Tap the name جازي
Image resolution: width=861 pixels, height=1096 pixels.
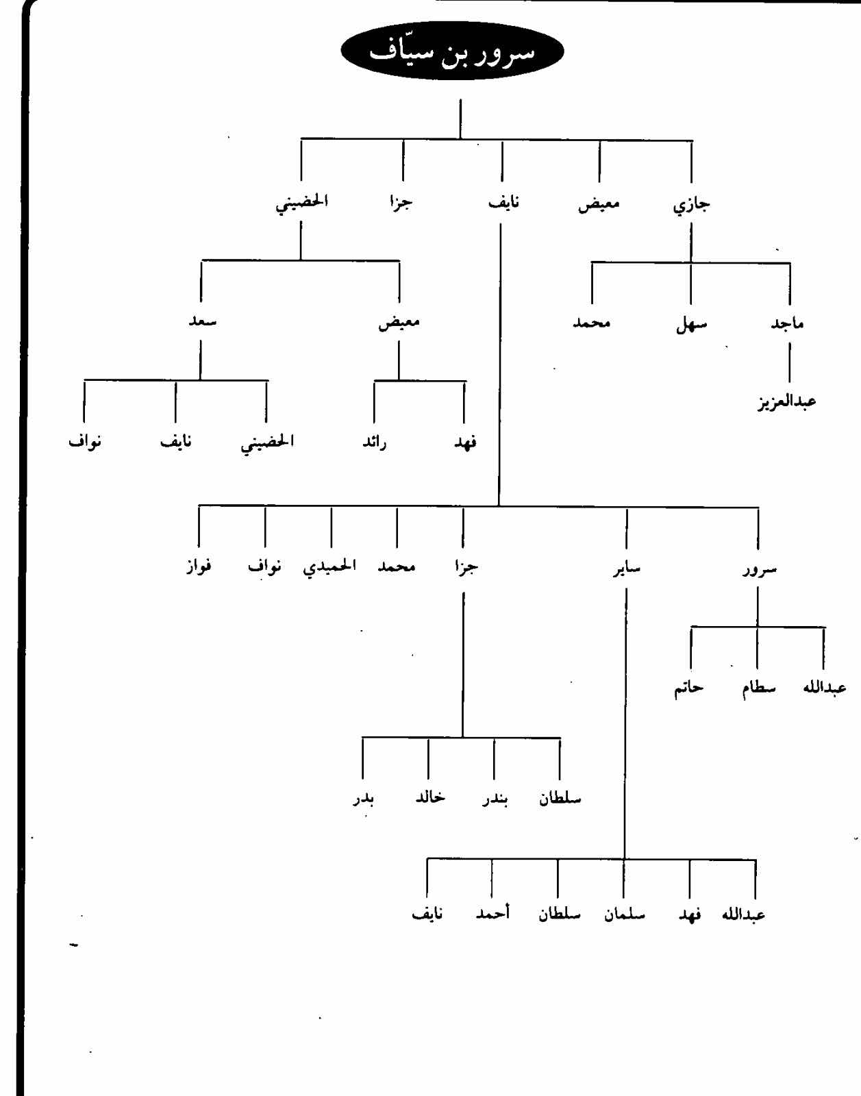[691, 204]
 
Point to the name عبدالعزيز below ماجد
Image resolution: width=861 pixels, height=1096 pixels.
[786, 401]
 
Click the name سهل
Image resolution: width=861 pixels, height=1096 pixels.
[690, 324]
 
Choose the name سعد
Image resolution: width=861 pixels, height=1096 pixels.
[202, 321]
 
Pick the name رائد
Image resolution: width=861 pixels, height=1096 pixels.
[374, 443]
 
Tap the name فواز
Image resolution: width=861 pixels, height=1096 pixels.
[199, 567]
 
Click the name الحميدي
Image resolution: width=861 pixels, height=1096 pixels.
[329, 567]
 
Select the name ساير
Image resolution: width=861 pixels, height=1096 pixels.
[627, 568]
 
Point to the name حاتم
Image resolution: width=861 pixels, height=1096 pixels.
[688, 688]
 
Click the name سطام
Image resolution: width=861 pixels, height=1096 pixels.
[758, 688]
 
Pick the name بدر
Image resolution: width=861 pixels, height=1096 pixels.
[363, 799]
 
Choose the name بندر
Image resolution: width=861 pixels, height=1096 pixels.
[495, 799]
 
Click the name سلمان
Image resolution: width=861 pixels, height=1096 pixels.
[624, 914]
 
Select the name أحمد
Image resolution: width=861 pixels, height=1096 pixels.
[492, 914]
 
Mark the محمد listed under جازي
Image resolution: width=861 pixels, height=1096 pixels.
[591, 323]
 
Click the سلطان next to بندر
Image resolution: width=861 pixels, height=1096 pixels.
[560, 799]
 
